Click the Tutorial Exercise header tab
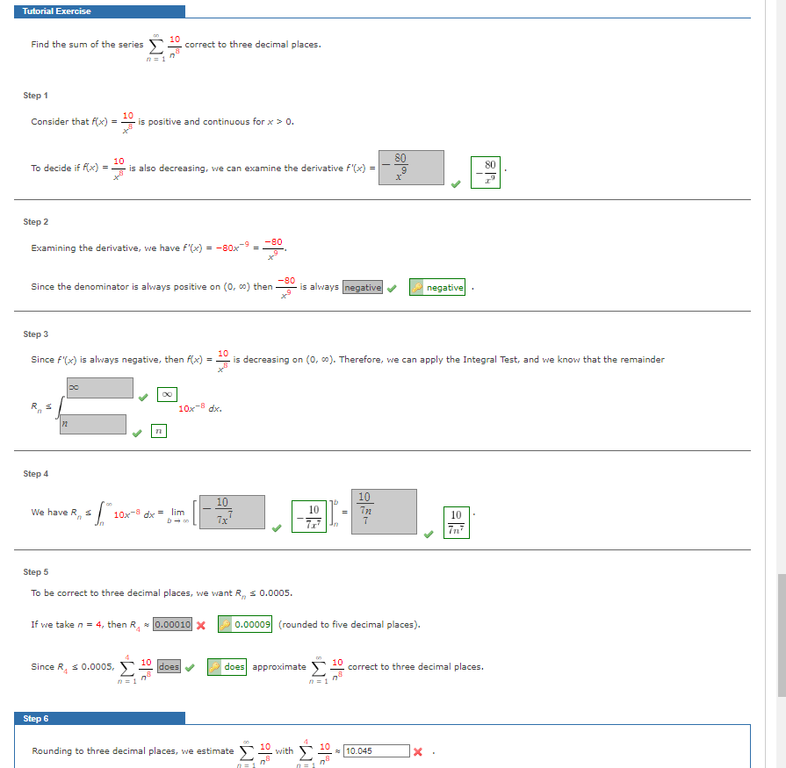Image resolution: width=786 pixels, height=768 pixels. tap(56, 11)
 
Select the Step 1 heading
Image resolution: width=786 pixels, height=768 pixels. tap(36, 95)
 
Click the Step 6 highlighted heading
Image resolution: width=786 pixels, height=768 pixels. tap(36, 718)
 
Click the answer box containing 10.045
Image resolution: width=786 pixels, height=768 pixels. tap(376, 751)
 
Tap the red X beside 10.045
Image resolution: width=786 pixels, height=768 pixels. tap(418, 751)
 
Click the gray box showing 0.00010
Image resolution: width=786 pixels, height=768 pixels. tap(172, 625)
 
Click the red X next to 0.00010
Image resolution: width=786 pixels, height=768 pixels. tap(200, 625)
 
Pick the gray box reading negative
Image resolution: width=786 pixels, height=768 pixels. tap(363, 287)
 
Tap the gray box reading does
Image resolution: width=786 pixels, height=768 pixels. tap(169, 667)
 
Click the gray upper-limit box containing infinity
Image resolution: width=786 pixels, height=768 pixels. tap(100, 388)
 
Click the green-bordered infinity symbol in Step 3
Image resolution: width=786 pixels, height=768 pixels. tap(167, 395)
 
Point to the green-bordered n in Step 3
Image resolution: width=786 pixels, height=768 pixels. tap(157, 432)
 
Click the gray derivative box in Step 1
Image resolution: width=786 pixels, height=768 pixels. tap(412, 168)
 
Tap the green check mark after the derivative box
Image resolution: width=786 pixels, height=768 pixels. tap(455, 184)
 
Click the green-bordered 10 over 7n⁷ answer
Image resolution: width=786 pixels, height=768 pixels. tap(456, 521)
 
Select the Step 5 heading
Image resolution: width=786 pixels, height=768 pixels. tap(36, 571)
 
